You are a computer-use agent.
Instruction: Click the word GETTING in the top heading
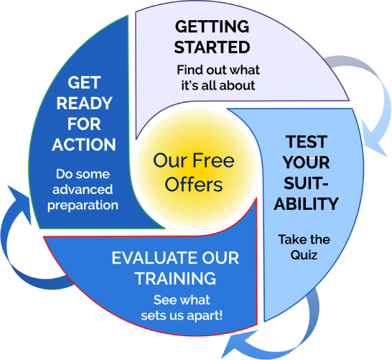tap(212, 27)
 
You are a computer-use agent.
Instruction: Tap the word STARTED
tap(212, 47)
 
